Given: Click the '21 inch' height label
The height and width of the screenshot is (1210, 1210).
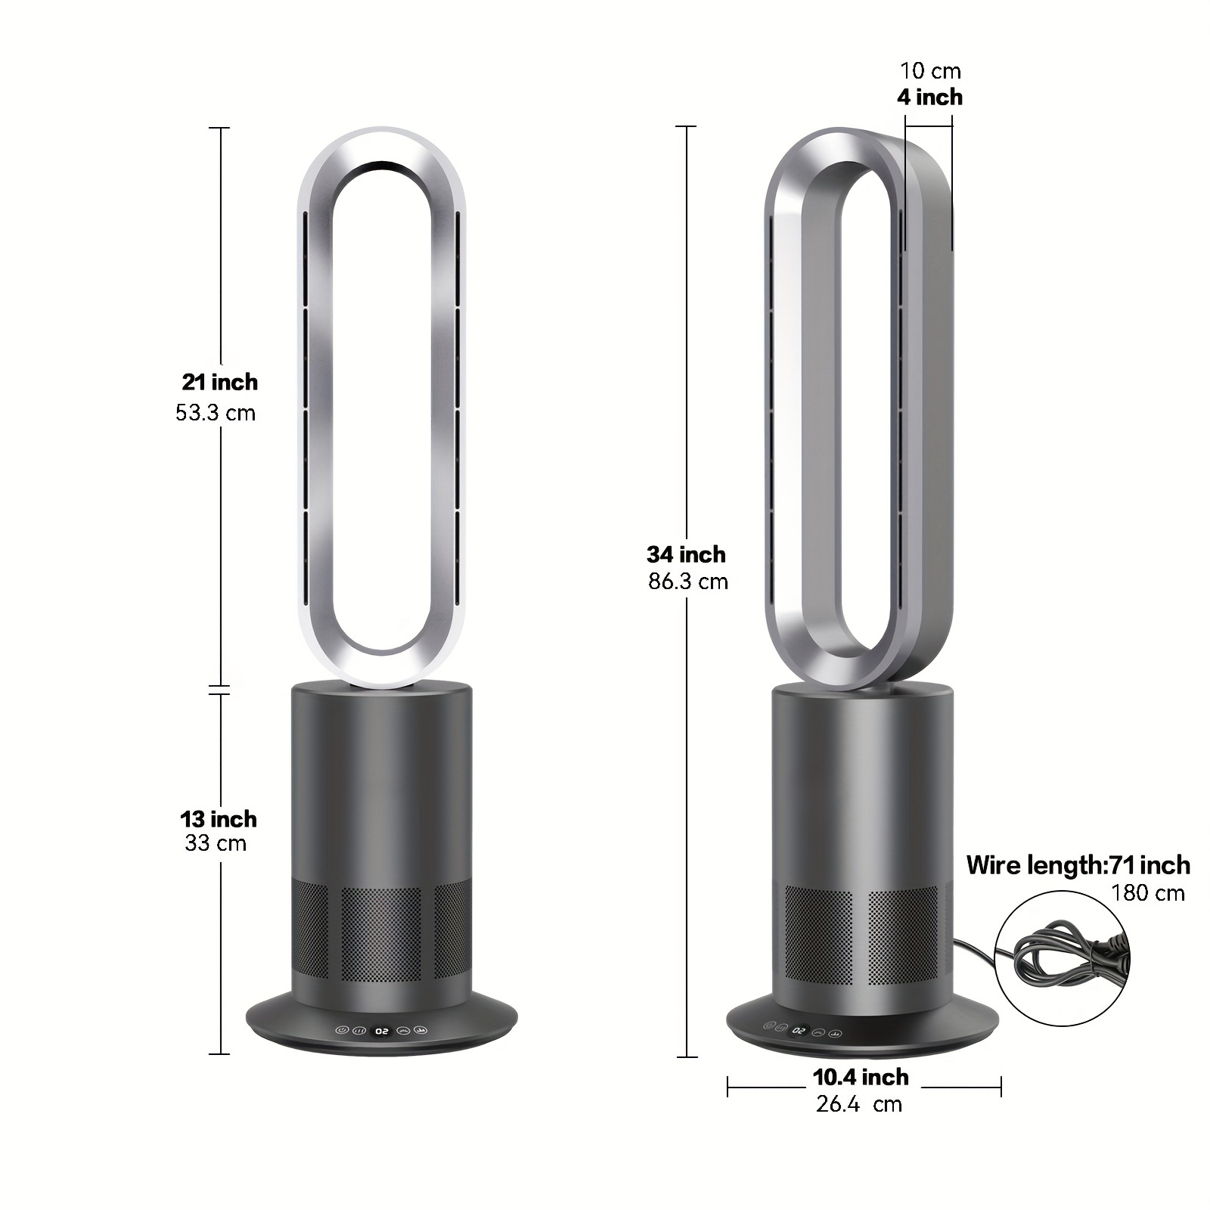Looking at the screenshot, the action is pos(219,382).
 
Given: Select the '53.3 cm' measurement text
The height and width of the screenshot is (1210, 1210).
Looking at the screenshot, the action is pos(216,413).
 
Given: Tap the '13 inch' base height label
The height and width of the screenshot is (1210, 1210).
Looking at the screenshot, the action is pos(219,819).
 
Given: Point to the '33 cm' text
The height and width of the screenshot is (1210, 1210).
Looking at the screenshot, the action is pos(216,842).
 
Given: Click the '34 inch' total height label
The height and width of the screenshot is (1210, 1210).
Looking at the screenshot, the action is pos(686,554).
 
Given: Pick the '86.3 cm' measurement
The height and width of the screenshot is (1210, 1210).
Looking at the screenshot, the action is pos(688,582).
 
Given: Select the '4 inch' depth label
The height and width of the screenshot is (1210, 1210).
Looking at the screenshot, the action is pos(930,97).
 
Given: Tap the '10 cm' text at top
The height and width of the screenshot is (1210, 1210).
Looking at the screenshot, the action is pos(930,71).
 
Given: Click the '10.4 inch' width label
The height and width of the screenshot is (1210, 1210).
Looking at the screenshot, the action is pos(861,1077).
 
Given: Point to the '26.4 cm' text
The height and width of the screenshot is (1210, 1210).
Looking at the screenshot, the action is pos(859,1104).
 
